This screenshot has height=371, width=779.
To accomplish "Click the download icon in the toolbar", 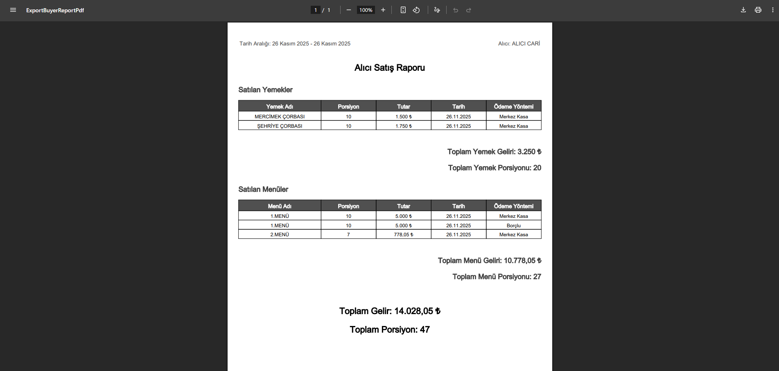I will coord(743,10).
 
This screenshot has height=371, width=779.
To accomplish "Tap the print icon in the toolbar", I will coord(758,10).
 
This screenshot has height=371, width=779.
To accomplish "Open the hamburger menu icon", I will coord(13,10).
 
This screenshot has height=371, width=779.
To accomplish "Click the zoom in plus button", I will coord(383,10).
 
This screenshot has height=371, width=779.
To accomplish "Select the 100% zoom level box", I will coord(366,10).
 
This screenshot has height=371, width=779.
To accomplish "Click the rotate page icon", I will coord(416,10).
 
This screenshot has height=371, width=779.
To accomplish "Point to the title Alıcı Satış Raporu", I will coord(389,68).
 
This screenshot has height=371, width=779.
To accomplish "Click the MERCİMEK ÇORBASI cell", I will coord(280,117).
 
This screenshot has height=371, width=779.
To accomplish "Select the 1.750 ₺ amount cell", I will coord(403,126).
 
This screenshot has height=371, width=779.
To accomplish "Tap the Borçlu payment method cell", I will coord(513,226).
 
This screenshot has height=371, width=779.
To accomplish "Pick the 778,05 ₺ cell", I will coord(403,235).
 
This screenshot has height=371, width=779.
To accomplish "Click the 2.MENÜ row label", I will coord(280,235).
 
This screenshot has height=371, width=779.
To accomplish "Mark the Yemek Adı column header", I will coord(280,106).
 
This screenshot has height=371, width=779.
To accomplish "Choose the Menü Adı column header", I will coord(280,206).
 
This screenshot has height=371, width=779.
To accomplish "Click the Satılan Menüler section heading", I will coord(263,189).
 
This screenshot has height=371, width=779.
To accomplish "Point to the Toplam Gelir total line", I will coord(389,311).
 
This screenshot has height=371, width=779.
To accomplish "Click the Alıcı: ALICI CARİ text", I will coord(519,43).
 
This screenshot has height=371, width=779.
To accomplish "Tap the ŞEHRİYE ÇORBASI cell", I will coord(280,126).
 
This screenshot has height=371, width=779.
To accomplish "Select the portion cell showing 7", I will coord(348,235).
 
